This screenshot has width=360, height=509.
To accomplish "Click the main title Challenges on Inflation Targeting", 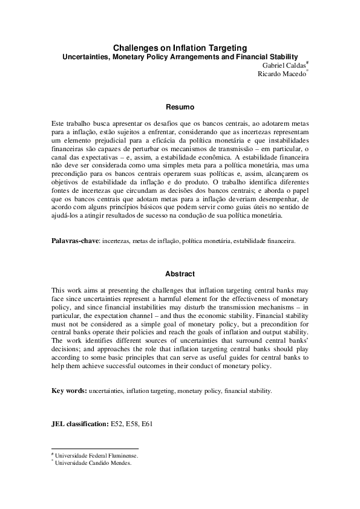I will coord(180,47).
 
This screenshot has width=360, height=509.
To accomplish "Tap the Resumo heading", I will coord(180,107).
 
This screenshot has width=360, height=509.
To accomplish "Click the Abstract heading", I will coord(180,274).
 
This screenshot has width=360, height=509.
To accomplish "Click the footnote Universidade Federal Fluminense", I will coord(97,457).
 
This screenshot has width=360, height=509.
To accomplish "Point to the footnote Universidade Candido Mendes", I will coord(93,464).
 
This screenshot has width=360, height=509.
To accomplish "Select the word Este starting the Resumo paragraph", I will coord(59,123).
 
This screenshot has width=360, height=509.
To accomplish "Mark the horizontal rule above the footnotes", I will coord(95,449).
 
